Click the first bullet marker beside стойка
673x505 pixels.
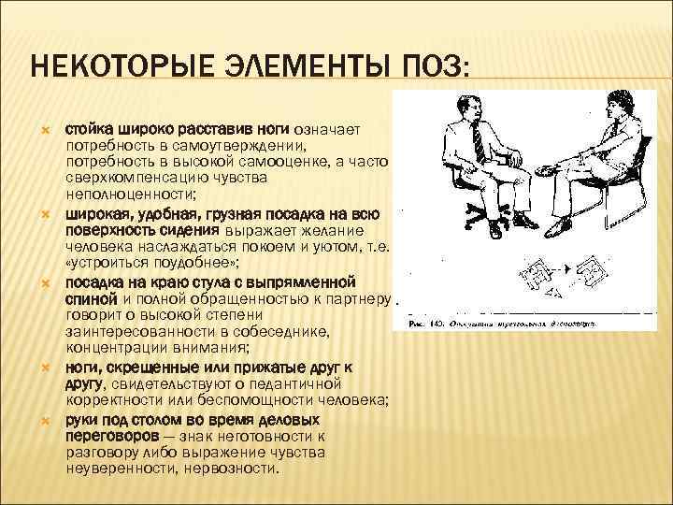coord(40,128)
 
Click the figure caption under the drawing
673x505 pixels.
coord(496,325)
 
